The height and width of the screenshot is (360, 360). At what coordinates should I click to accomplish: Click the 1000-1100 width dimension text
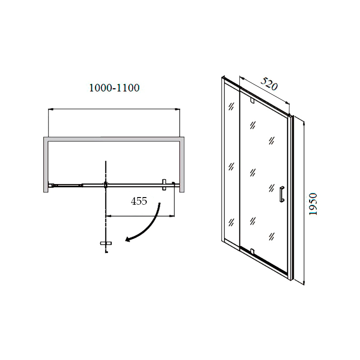(114, 88)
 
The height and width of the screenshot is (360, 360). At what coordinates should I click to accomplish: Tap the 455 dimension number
(139, 201)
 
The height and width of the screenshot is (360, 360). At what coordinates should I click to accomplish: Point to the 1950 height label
(313, 204)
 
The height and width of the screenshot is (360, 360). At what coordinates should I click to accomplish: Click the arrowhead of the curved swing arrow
(128, 240)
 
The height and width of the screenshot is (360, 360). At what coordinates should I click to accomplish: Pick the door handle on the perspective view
(282, 194)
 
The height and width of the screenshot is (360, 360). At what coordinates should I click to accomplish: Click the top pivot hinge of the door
(252, 101)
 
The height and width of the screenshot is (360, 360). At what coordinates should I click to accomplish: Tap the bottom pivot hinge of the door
(252, 252)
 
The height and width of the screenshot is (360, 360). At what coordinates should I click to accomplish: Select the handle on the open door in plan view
(106, 243)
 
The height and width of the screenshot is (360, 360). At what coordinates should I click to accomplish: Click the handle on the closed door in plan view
(164, 184)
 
